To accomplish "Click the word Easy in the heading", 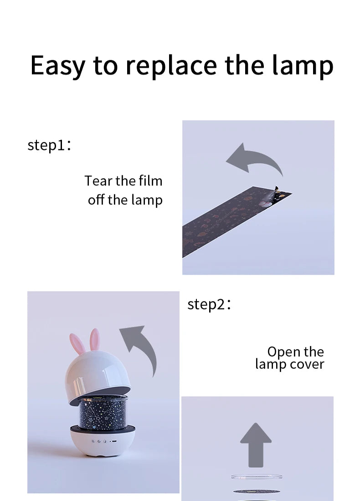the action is coord(58,66).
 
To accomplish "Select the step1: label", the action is coord(49,145).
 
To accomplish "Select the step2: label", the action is coord(209,304).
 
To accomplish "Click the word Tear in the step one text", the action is coord(98,181).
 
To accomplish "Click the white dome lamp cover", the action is coord(98,378).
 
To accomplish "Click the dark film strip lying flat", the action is coord(236,221).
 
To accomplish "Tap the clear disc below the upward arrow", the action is coord(257,477).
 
